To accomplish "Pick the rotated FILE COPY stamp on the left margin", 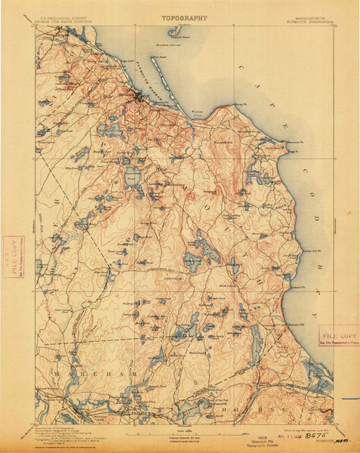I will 11,250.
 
